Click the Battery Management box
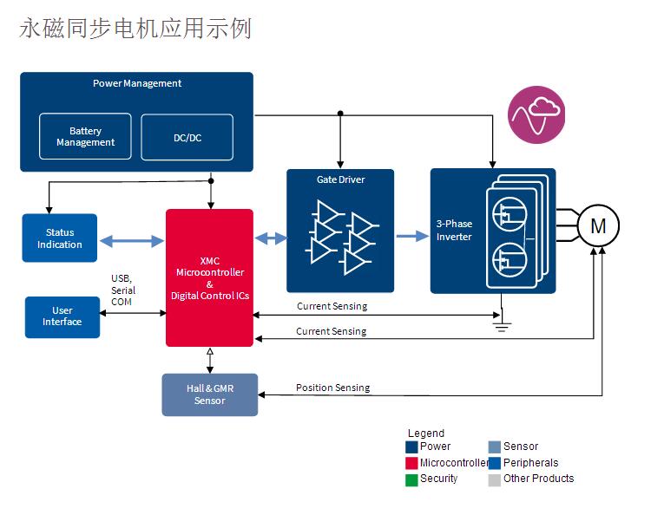pyautogui.click(x=85, y=137)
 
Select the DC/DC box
pyautogui.click(x=187, y=137)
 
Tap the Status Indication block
pyautogui.click(x=59, y=238)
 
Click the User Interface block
pyautogui.click(x=62, y=316)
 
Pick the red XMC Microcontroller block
pyautogui.click(x=209, y=277)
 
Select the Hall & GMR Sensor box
pyautogui.click(x=209, y=394)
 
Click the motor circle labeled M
pyautogui.click(x=598, y=226)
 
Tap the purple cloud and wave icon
pyautogui.click(x=536, y=114)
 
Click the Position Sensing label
pyautogui.click(x=332, y=388)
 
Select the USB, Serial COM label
pyautogui.click(x=122, y=290)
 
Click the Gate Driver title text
pyautogui.click(x=340, y=179)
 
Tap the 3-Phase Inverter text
pyautogui.click(x=454, y=231)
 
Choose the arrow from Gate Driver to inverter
pyautogui.click(x=411, y=235)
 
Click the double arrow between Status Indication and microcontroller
pyautogui.click(x=131, y=239)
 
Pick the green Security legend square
pyautogui.click(x=411, y=479)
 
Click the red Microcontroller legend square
pyautogui.click(x=411, y=463)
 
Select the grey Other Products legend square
pyautogui.click(x=494, y=479)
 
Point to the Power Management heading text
pyautogui.click(x=137, y=83)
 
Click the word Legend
pyautogui.click(x=425, y=434)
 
